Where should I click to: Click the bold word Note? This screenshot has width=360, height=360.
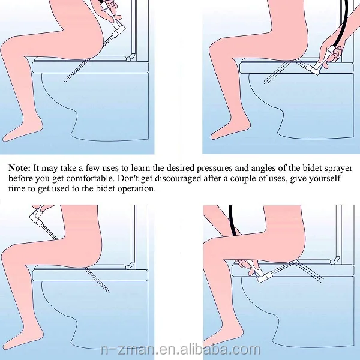pyautogui.click(x=20, y=168)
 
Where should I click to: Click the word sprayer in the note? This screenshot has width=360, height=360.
pyautogui.click(x=338, y=169)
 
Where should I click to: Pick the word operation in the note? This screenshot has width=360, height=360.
pyautogui.click(x=136, y=189)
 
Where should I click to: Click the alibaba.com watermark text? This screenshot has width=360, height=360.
pyautogui.click(x=181, y=350)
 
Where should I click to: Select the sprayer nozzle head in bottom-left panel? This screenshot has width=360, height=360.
pyautogui.click(x=36, y=219)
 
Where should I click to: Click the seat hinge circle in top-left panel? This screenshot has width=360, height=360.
pyautogui.click(x=128, y=59)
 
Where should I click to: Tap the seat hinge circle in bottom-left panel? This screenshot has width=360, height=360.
pyautogui.click(x=128, y=267)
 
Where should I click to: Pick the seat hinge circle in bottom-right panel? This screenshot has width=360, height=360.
pyautogui.click(x=332, y=262)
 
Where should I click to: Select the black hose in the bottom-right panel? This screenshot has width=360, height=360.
pyautogui.click(x=232, y=220)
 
